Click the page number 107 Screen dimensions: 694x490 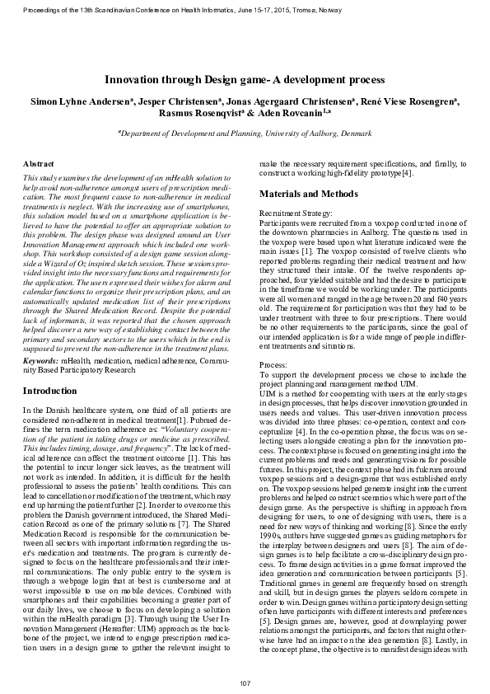click(245, 683)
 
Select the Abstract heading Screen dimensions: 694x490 click(39, 166)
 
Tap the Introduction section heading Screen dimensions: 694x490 click(50, 390)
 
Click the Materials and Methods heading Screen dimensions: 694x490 click(309, 194)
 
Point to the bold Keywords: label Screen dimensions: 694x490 click(40, 361)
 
